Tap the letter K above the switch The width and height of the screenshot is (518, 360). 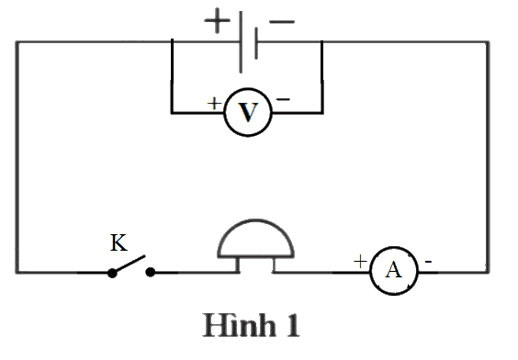coord(118,242)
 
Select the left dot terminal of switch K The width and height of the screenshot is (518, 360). coord(112,273)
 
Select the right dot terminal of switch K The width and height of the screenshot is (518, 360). coord(151,273)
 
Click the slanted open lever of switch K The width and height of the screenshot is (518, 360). coord(129,264)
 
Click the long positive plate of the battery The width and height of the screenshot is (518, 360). coord(241,42)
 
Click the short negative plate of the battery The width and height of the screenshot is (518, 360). coord(256,43)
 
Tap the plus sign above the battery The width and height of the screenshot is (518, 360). coord(217,21)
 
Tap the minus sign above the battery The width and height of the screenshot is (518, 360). coord(282,22)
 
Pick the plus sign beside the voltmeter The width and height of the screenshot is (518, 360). coord(214,104)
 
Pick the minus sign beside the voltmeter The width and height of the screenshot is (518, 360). coord(283,99)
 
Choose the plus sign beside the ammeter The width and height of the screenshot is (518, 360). coord(360,261)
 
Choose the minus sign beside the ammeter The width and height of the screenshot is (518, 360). coord(428,262)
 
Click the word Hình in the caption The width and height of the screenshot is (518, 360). coord(240,324)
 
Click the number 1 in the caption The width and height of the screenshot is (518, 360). coord(293,325)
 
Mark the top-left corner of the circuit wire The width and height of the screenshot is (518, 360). coord(17,42)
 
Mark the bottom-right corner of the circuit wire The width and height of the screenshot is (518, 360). coord(488,272)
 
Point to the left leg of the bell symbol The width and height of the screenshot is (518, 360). coord(238,264)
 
